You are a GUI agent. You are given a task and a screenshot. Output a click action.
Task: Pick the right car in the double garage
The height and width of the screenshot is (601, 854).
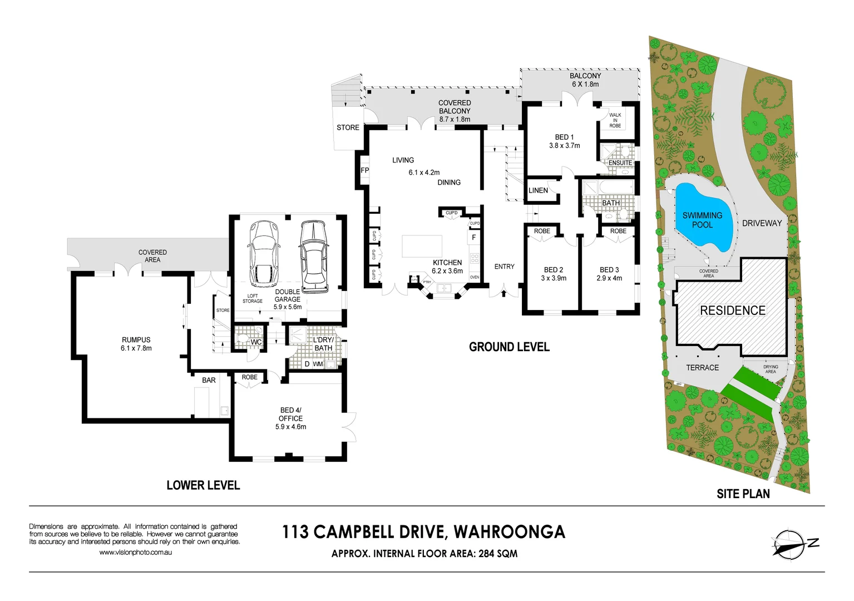[x=314, y=255]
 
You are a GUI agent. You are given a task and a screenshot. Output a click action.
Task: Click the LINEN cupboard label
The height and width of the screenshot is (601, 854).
[x=538, y=190]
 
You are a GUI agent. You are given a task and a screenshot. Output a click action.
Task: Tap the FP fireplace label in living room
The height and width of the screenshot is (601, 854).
[x=365, y=170]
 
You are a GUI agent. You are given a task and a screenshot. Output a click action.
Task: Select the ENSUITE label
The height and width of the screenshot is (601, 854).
[x=620, y=163]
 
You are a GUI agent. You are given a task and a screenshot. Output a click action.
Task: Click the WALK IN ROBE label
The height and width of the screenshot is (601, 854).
[x=615, y=120]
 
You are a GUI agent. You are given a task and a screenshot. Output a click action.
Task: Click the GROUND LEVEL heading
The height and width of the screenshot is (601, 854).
[x=509, y=347]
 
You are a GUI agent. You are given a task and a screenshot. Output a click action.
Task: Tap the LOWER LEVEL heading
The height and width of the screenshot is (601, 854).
[x=203, y=485]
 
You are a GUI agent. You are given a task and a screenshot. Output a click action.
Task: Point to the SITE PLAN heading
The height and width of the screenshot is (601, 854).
[x=743, y=494]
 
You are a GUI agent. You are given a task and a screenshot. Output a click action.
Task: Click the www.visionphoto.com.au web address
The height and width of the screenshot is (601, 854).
[x=136, y=553]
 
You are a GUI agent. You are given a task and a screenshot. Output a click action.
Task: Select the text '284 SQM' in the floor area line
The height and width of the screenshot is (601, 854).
[x=498, y=554]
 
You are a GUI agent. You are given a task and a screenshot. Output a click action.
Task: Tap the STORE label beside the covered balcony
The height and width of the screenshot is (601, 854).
[x=348, y=127]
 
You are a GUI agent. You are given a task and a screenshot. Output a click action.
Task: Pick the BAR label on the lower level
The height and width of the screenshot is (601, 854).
[x=209, y=380]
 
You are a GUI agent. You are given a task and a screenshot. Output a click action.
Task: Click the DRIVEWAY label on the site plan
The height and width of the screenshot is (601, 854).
[x=762, y=223]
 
